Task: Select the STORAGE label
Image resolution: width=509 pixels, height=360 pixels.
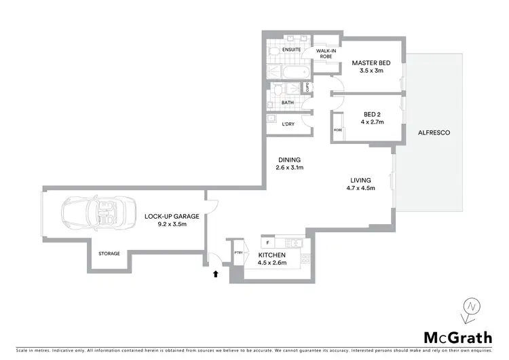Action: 109,253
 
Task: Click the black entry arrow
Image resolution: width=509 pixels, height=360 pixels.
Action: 216,274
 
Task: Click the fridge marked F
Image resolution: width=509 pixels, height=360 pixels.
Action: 268,242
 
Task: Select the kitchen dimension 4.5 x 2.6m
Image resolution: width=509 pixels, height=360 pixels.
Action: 271,262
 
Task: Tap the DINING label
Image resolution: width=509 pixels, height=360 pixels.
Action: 289,160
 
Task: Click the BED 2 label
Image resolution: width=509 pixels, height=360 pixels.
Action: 372,114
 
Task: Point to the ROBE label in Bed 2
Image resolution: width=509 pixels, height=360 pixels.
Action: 337,129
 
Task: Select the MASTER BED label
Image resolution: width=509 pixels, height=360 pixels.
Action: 371,63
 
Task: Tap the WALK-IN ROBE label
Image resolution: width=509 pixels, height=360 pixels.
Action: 324,53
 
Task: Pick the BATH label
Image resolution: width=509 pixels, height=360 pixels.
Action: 288,103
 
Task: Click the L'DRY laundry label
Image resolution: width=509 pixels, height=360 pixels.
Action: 288,124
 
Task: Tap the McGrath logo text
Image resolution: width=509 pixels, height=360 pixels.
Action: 457,338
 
